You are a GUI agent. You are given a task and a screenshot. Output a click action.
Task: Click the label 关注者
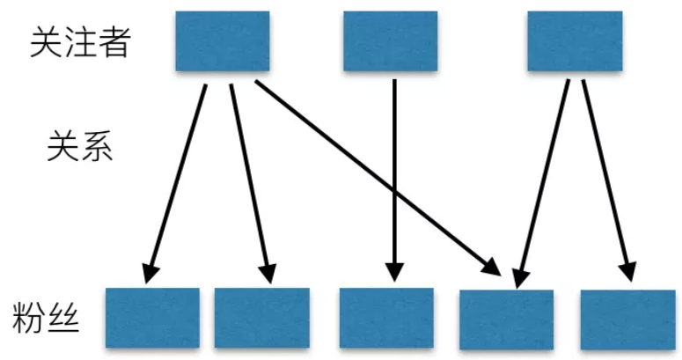point(80,42)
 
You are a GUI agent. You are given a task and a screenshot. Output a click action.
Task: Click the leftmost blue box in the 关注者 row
point(222,41)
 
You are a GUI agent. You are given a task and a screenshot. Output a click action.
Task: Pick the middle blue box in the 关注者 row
point(390,41)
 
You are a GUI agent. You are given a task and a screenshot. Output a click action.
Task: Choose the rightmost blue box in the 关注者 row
point(574,41)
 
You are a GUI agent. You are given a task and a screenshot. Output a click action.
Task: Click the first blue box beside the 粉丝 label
point(151,317)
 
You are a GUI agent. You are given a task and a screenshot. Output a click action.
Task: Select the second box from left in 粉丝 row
point(260,317)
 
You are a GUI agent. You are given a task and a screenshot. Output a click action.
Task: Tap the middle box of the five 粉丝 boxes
point(386,317)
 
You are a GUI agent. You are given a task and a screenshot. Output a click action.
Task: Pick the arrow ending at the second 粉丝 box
point(248,176)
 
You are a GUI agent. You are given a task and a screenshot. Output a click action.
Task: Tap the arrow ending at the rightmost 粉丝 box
point(607,176)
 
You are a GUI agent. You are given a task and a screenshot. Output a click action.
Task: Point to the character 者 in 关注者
point(114,42)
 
